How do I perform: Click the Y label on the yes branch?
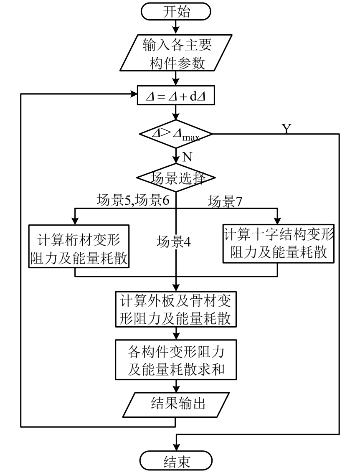tap(286, 129)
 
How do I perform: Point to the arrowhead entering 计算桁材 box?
tap(75, 221)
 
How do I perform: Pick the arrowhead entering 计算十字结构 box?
tap(277, 221)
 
